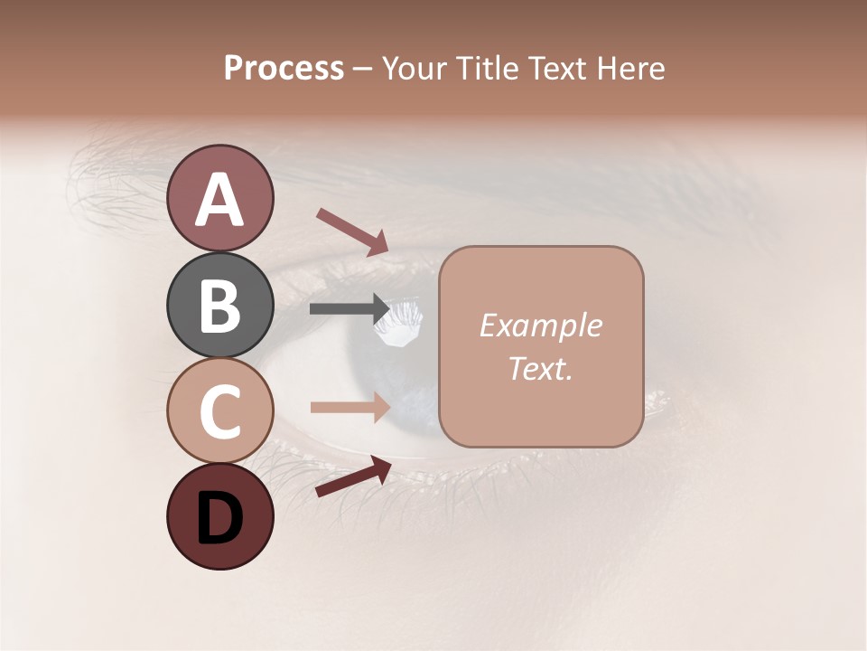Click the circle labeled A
tap(220, 198)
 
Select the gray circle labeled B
tap(220, 305)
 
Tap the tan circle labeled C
tap(220, 410)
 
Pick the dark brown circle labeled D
tap(220, 516)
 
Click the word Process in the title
tap(284, 68)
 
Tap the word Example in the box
tap(540, 325)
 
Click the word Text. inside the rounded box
tap(540, 368)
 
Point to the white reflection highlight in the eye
tap(397, 324)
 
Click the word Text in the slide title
tap(558, 68)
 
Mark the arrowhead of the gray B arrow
tap(380, 309)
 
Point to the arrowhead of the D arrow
tap(380, 467)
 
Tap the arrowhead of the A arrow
tap(377, 242)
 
